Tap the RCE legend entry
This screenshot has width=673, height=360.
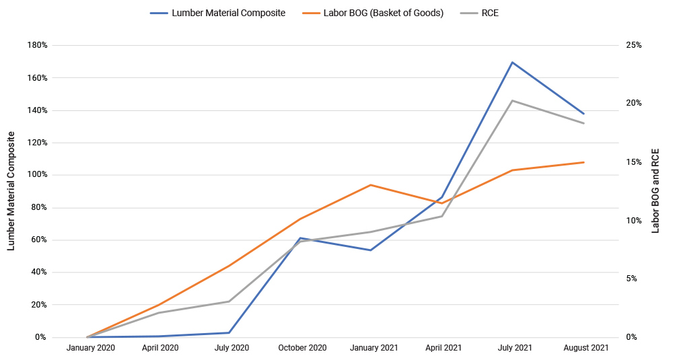489,13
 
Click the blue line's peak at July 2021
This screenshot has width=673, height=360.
513,63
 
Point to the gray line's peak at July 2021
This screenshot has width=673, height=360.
513,101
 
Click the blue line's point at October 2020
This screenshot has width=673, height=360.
299,238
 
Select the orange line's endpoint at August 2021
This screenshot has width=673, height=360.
583,162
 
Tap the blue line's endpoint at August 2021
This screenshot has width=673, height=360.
583,114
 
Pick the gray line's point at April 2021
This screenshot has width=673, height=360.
441,216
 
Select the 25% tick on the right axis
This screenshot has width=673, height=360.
633,46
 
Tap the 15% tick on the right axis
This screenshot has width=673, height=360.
633,162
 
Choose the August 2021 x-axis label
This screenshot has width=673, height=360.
583,348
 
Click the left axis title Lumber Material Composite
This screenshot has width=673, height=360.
11,191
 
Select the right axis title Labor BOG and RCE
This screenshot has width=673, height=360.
656,191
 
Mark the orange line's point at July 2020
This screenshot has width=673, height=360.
229,266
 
